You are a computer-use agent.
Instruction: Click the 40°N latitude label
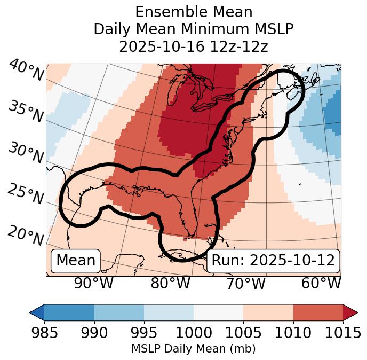pyautogui.click(x=26, y=71)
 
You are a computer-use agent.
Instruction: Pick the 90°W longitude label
pyautogui.click(x=94, y=284)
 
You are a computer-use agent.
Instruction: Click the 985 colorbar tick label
pyautogui.click(x=44, y=333)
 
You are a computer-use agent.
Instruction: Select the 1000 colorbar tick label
pyautogui.click(x=194, y=333)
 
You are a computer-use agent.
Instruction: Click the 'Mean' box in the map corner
pyautogui.click(x=76, y=261)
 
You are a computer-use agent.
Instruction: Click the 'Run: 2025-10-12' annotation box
pyautogui.click(x=273, y=261)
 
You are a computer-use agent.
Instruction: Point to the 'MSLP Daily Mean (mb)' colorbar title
pyautogui.click(x=194, y=349)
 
